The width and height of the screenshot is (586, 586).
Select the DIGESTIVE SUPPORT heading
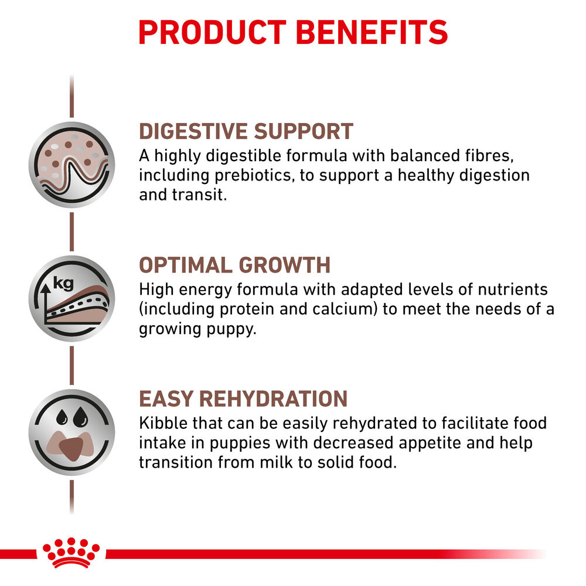pyautogui.click(x=246, y=131)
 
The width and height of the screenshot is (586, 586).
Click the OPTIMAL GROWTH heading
pyautogui.click(x=234, y=265)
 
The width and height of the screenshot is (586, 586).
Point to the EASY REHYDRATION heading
pyautogui.click(x=243, y=399)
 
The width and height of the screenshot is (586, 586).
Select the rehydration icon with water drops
pyautogui.click(x=71, y=432)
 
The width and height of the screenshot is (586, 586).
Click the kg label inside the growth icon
pyautogui.click(x=63, y=284)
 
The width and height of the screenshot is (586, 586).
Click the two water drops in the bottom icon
pyautogui.click(x=71, y=418)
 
